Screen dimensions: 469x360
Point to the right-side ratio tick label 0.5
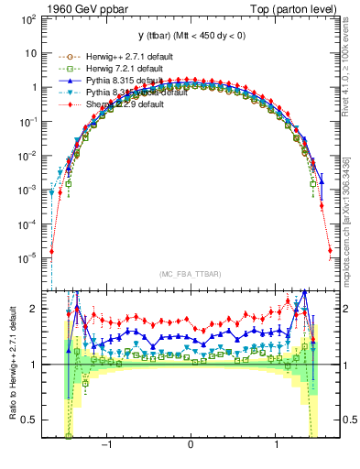348,420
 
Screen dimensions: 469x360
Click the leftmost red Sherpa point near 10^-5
52,251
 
